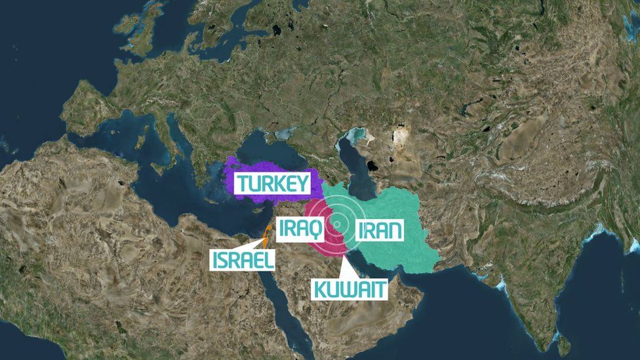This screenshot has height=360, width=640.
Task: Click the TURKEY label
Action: (273, 184)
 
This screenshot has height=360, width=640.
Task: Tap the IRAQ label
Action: (300, 229)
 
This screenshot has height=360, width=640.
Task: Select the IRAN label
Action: (379, 230)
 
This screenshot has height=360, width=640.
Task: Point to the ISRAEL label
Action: (242, 260)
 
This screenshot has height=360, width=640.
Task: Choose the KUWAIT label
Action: (350, 289)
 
